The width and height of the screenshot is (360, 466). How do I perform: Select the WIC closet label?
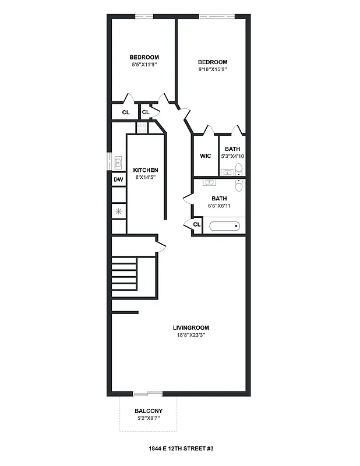(x=205, y=156)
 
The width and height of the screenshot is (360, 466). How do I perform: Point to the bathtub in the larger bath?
(x=225, y=226)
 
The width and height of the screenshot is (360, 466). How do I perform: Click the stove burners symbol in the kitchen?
(x=142, y=128)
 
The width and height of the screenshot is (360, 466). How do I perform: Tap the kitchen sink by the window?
(x=118, y=161)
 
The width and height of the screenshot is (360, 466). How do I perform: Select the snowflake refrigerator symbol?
(x=118, y=211)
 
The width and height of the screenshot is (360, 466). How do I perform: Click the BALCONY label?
(x=149, y=411)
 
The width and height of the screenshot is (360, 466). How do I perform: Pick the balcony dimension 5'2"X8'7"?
(x=149, y=418)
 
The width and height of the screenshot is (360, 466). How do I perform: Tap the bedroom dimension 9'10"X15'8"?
(x=212, y=69)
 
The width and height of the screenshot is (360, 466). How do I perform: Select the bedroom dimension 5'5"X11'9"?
(x=144, y=64)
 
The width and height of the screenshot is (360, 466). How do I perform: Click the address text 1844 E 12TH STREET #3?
(x=180, y=449)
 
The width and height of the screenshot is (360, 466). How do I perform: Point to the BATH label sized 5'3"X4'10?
(x=232, y=149)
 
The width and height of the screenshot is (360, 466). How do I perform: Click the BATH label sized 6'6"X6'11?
(x=219, y=198)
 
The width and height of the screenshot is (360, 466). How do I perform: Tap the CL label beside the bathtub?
(x=196, y=224)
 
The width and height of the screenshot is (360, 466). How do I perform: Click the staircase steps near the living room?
(x=124, y=276)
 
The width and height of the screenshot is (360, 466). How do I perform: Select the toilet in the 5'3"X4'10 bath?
(x=238, y=171)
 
